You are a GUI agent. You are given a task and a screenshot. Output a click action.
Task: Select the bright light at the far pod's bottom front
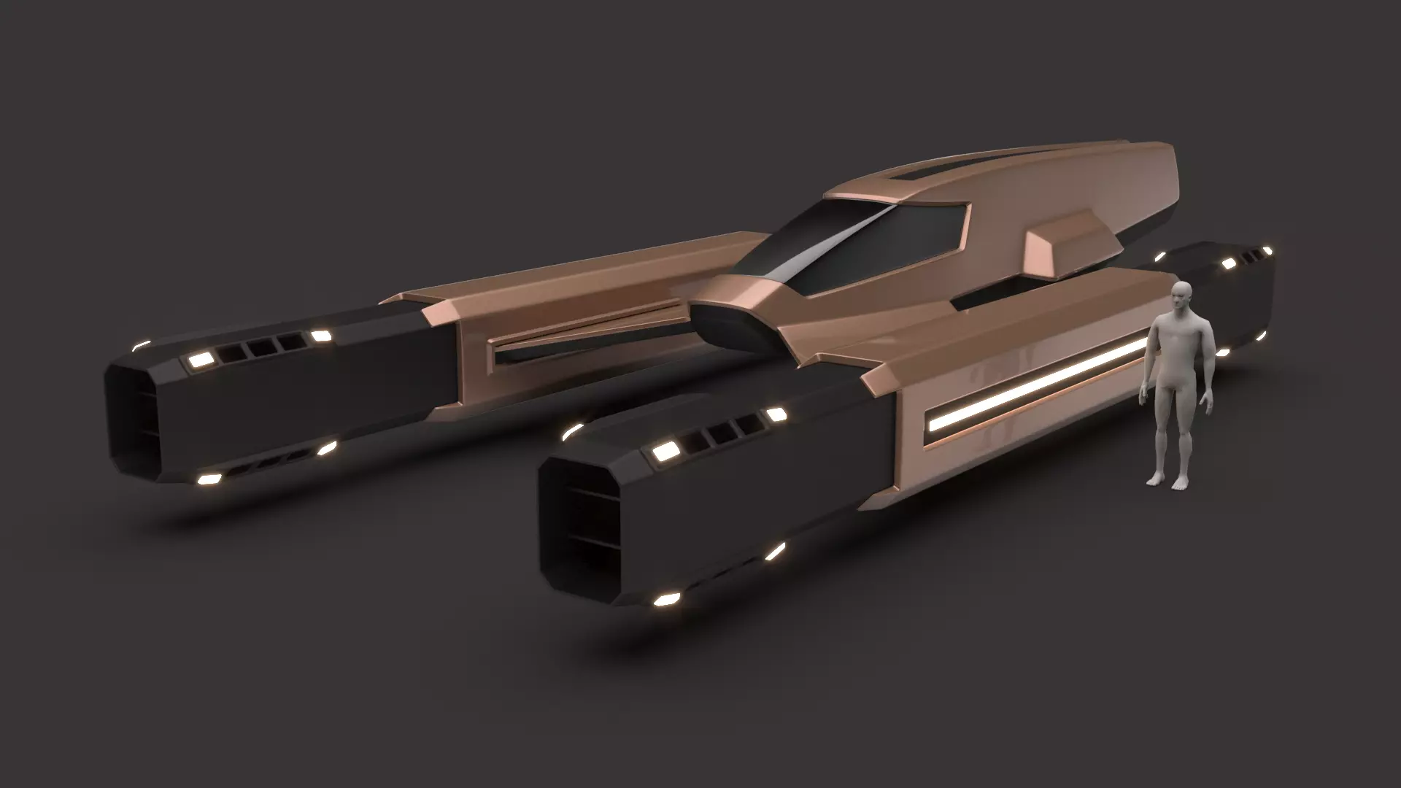209,479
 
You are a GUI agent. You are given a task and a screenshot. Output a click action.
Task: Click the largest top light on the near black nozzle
664,452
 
